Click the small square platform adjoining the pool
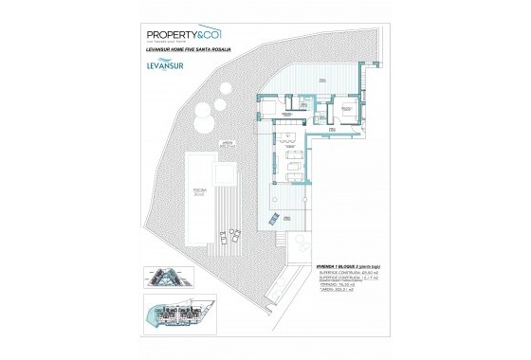226,174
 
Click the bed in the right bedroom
349,112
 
